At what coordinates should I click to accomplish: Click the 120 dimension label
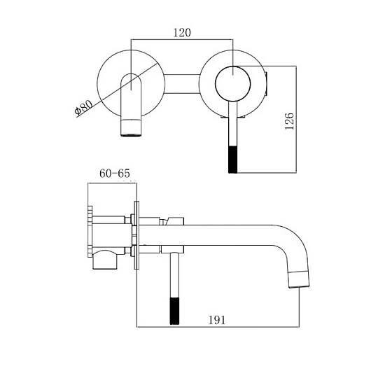pyautogui.click(x=182, y=33)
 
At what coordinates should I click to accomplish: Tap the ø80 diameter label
pyautogui.click(x=83, y=108)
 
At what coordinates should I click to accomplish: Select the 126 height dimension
pyautogui.click(x=289, y=121)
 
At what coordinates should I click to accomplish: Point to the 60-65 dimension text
pyautogui.click(x=115, y=174)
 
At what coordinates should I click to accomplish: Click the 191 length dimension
pyautogui.click(x=217, y=320)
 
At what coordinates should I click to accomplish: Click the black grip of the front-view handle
pyautogui.click(x=232, y=160)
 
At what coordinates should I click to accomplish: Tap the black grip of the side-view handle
pyautogui.click(x=174, y=311)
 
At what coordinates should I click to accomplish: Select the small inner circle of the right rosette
pyautogui.click(x=232, y=84)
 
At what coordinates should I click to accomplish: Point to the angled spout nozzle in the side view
pyautogui.click(x=299, y=279)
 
